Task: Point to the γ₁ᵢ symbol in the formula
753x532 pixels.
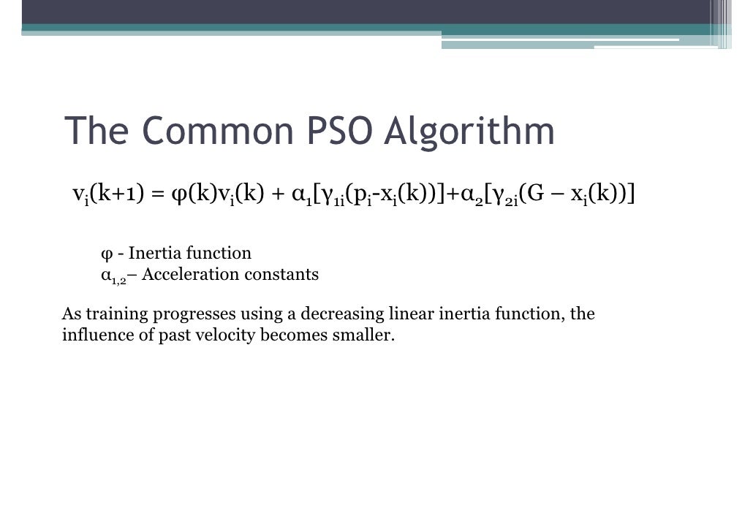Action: coord(330,195)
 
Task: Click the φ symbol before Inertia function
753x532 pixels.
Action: coord(106,254)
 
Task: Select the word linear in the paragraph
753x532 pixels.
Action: coord(412,314)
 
